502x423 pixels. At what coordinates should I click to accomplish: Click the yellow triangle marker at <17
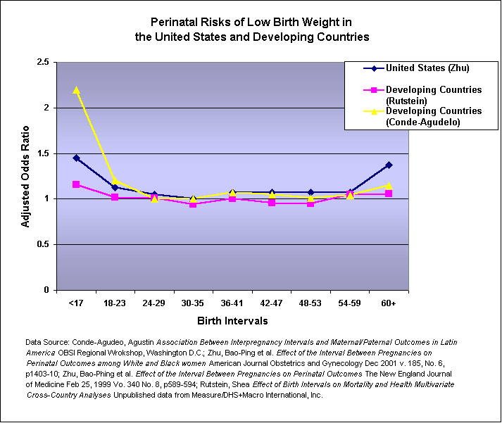click(76, 89)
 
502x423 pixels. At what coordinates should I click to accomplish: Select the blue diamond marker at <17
click(76, 158)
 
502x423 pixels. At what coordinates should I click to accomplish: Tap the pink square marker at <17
click(76, 184)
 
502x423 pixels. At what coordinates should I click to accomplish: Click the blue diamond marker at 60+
click(389, 165)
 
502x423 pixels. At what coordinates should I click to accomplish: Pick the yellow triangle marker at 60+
click(389, 185)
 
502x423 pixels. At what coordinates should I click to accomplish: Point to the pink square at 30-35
click(194, 204)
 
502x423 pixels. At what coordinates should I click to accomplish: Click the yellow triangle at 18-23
click(115, 181)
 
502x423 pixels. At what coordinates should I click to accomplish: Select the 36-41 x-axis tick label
click(232, 303)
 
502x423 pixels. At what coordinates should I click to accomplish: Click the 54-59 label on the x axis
click(350, 303)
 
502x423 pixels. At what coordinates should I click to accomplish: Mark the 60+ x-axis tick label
click(389, 303)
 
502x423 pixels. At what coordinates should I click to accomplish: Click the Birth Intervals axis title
click(232, 321)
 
